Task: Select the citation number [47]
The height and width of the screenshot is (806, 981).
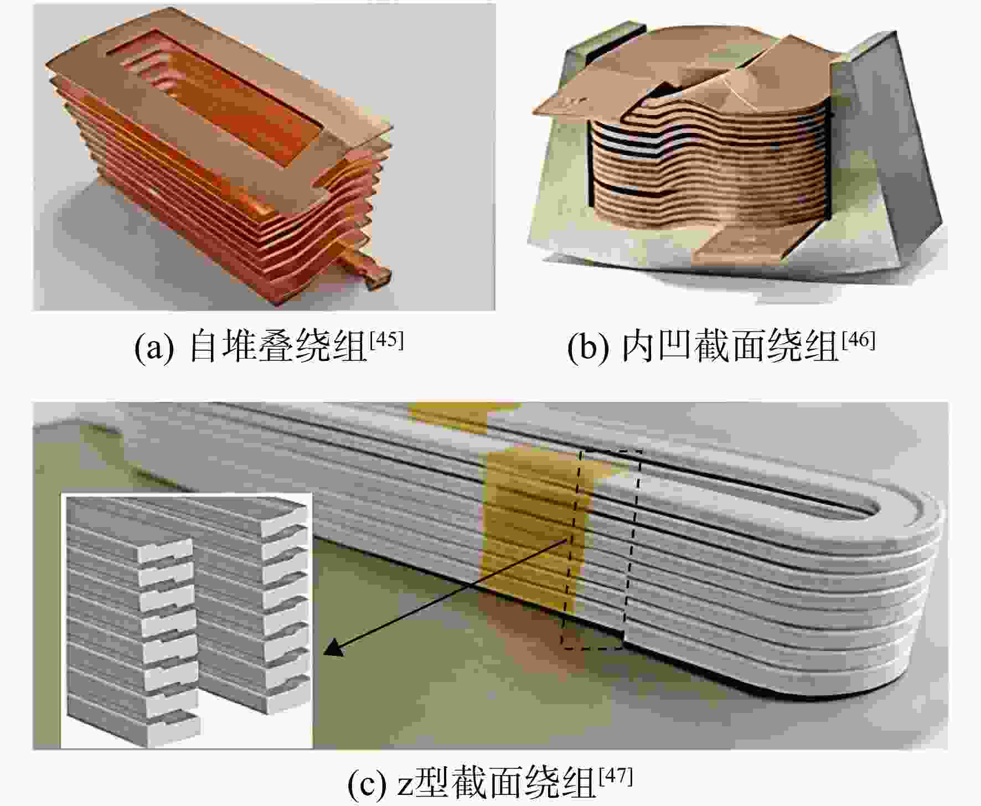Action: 616,776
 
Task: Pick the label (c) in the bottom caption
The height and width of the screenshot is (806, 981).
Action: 366,784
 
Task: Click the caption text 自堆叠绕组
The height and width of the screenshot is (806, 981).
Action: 278,348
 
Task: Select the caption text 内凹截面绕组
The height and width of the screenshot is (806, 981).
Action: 731,348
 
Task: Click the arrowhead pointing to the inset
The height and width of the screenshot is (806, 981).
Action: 332,648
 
